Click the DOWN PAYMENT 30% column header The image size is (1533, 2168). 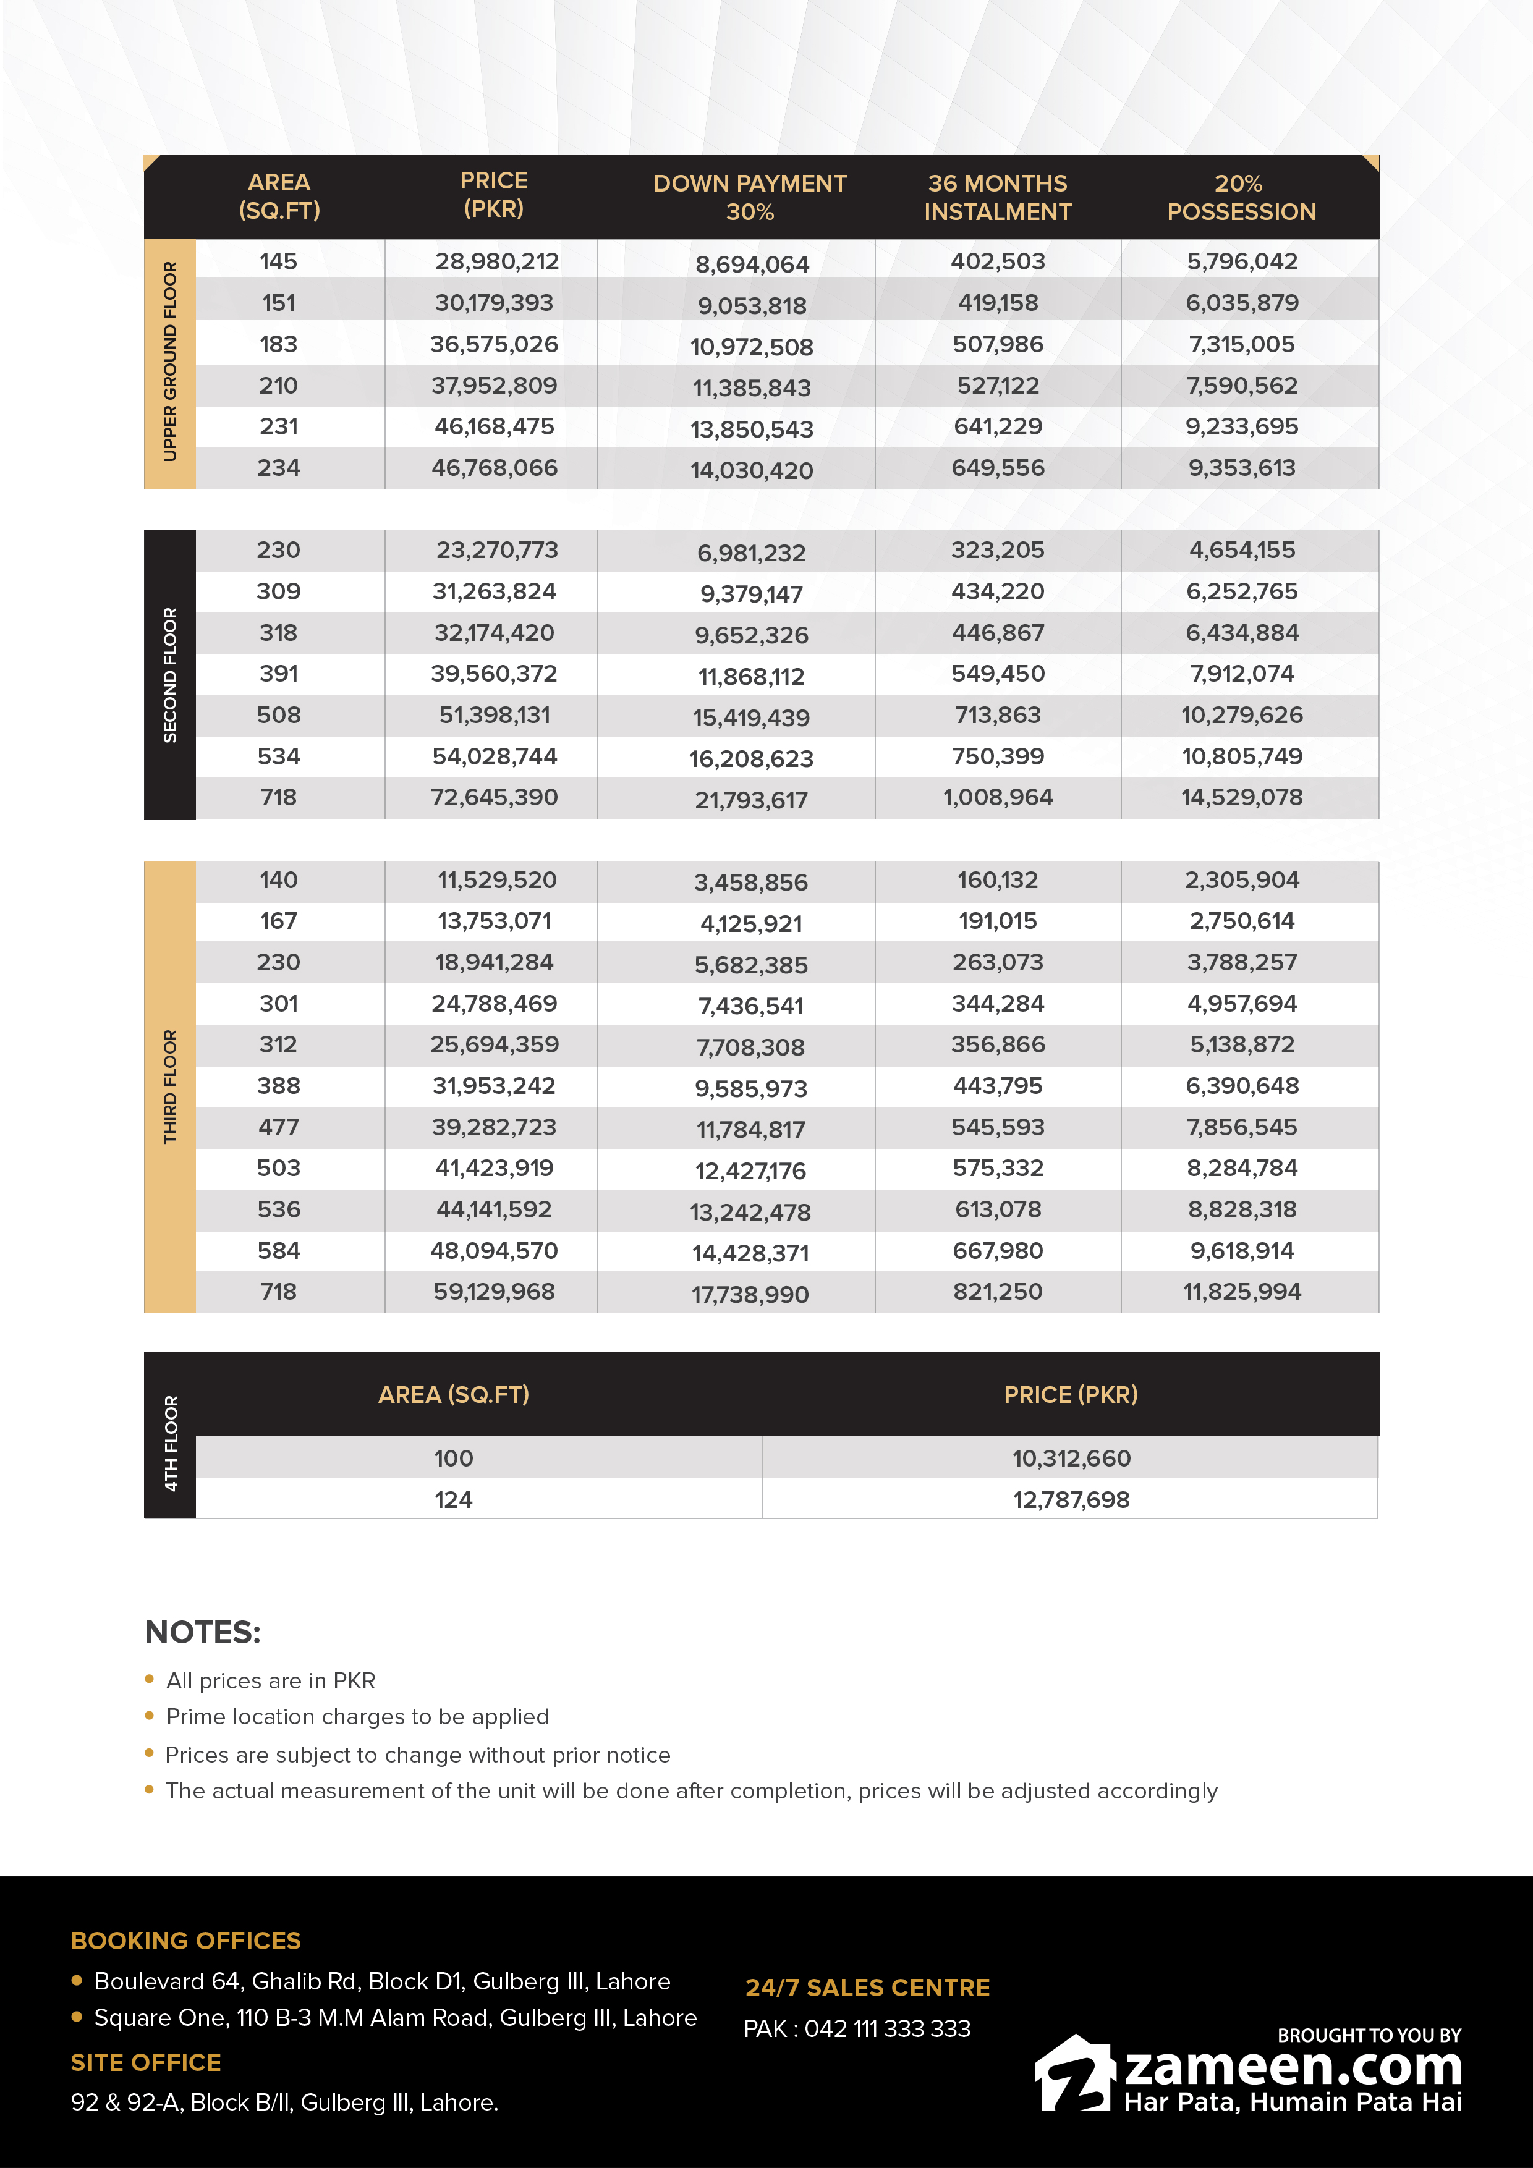coord(749,197)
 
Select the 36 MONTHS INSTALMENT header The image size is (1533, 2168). coord(998,197)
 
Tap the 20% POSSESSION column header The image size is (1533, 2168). coord(1241,197)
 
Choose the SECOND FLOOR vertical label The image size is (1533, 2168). coord(170,674)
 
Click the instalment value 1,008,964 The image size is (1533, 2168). coord(998,798)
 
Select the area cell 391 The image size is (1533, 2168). coord(279,674)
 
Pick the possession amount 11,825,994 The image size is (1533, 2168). coord(1242,1292)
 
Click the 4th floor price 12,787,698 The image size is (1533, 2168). coord(1071,1499)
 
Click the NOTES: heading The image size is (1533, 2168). coord(202,1632)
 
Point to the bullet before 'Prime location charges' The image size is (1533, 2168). coord(149,1716)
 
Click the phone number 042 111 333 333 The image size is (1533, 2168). coord(887,2028)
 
